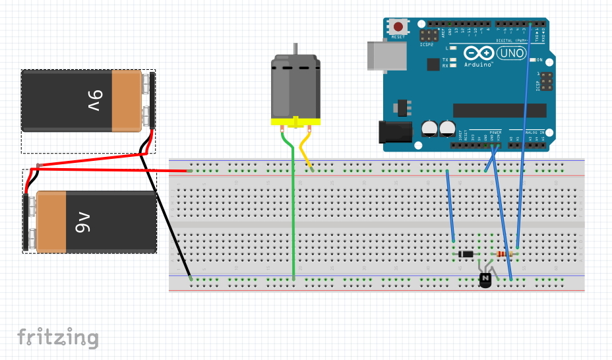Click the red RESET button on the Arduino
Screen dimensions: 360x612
(398, 27)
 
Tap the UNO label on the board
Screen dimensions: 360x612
(510, 53)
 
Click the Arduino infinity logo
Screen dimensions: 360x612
(478, 53)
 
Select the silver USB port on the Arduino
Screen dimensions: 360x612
(382, 55)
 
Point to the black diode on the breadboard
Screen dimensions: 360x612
(466, 254)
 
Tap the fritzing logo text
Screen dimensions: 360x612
(58, 338)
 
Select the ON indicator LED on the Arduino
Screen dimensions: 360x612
(532, 59)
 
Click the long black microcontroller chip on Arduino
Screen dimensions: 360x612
(499, 110)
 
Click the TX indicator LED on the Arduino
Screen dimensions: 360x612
(453, 59)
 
